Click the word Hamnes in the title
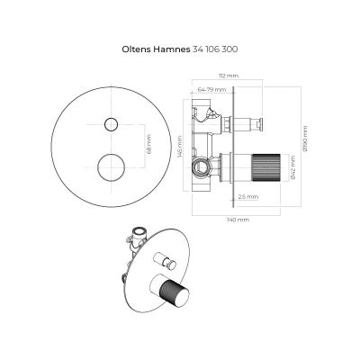[x=169, y=51]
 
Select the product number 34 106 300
[x=216, y=51]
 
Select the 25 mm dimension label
[x=249, y=195]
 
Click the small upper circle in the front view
[x=113, y=123]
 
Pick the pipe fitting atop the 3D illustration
[x=139, y=237]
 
